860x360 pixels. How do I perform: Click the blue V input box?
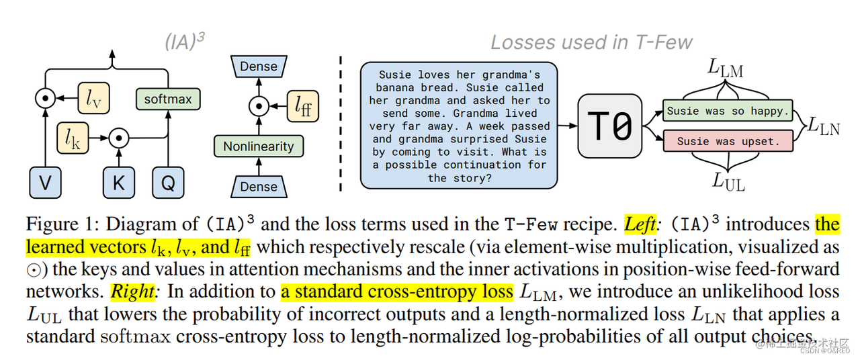point(45,183)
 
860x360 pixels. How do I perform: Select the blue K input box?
point(119,183)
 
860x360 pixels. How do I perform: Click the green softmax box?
point(167,99)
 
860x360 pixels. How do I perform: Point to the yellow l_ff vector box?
point(303,105)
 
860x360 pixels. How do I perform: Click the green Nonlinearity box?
point(259,146)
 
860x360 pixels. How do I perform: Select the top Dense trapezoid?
point(259,66)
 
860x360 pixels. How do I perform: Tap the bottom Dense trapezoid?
point(259,187)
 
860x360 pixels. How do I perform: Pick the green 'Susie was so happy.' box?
point(727,111)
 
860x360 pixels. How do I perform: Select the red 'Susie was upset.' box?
point(728,142)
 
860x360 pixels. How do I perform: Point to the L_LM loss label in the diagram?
point(726,69)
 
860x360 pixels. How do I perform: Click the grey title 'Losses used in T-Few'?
point(591,42)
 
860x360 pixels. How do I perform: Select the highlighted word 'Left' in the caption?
point(639,224)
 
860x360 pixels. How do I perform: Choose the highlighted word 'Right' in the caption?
point(132,291)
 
